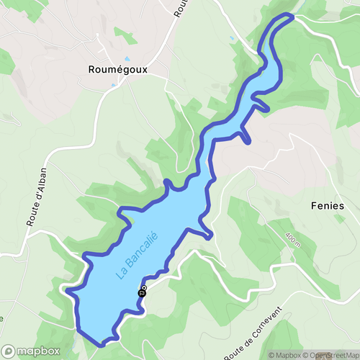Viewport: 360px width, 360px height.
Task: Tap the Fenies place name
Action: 327,204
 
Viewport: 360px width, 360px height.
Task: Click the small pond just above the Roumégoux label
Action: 127,58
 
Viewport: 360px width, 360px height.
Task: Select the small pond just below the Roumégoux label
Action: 113,85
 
